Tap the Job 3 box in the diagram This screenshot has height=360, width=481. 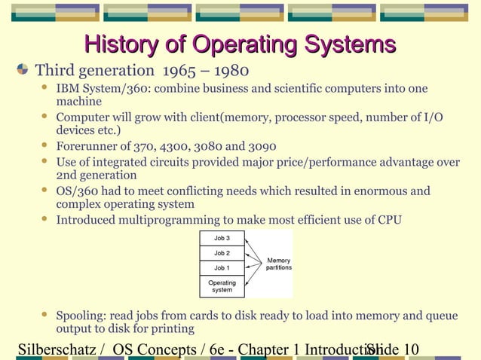(x=222, y=238)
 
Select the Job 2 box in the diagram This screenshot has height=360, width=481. (x=222, y=253)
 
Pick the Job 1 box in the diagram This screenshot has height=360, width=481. (x=222, y=268)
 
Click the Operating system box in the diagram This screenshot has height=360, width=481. (x=222, y=286)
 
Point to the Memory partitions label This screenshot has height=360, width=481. (x=278, y=264)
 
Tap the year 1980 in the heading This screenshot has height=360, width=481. (x=230, y=72)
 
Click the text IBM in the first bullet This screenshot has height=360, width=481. (x=66, y=90)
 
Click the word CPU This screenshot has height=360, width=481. (x=389, y=220)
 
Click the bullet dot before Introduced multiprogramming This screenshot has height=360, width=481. (x=44, y=219)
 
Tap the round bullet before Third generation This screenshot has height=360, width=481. (x=23, y=72)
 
